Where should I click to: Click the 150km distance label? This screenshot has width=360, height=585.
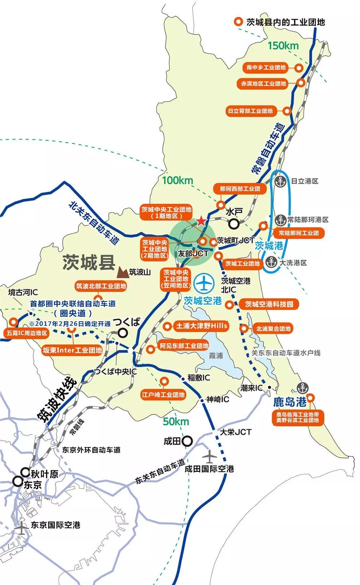pos(283,45)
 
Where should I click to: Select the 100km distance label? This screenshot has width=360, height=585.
pos(177,180)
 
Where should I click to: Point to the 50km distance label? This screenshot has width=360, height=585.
pos(176,421)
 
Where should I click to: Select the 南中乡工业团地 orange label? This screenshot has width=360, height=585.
pos(266,67)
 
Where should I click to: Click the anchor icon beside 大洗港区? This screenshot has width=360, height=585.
pos(271,262)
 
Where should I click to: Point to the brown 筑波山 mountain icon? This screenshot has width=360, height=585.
pos(122,272)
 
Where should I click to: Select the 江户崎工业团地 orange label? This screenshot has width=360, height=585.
pos(163,395)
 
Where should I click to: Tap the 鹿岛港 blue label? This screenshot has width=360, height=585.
pos(289,402)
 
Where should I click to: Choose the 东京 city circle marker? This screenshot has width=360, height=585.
pos(17,481)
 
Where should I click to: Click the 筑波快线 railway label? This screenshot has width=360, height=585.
pos(58,399)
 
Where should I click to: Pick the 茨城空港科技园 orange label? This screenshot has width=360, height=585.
pos(269,304)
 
